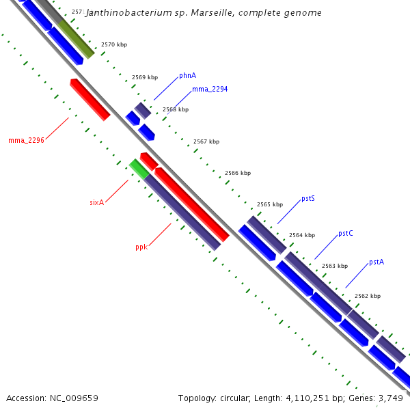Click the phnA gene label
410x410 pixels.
coord(187,76)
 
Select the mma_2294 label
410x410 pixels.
coord(210,89)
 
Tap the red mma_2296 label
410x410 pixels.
coord(26,140)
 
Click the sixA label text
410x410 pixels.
coord(96,202)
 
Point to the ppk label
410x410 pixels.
coord(141,247)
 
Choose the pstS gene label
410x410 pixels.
coord(307,199)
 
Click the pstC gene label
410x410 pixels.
coord(345,234)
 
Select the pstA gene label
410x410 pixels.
coord(376,262)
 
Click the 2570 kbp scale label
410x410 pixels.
coord(113,44)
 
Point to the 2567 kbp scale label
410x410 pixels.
coord(206,141)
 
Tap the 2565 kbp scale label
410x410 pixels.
coord(269,204)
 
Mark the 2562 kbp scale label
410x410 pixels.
coord(368,296)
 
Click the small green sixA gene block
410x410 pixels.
coord(139,168)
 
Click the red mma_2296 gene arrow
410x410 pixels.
coord(90,100)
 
